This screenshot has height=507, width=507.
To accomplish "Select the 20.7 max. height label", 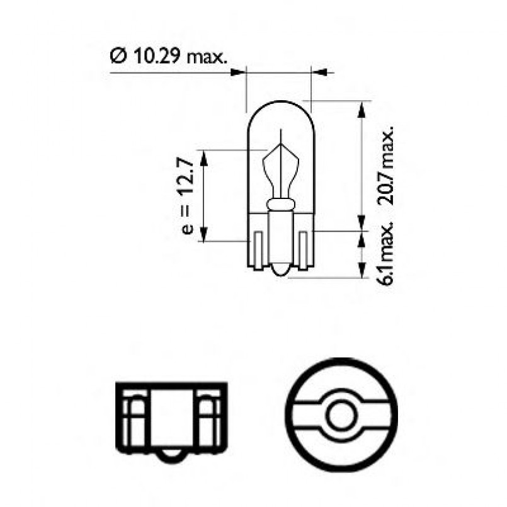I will [385, 165].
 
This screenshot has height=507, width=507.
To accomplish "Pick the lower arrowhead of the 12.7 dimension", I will [204, 236].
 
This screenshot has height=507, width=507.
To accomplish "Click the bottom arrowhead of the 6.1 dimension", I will [362, 271].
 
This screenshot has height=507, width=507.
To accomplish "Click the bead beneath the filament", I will [280, 204].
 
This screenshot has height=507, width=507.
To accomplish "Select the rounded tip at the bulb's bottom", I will [280, 271].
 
